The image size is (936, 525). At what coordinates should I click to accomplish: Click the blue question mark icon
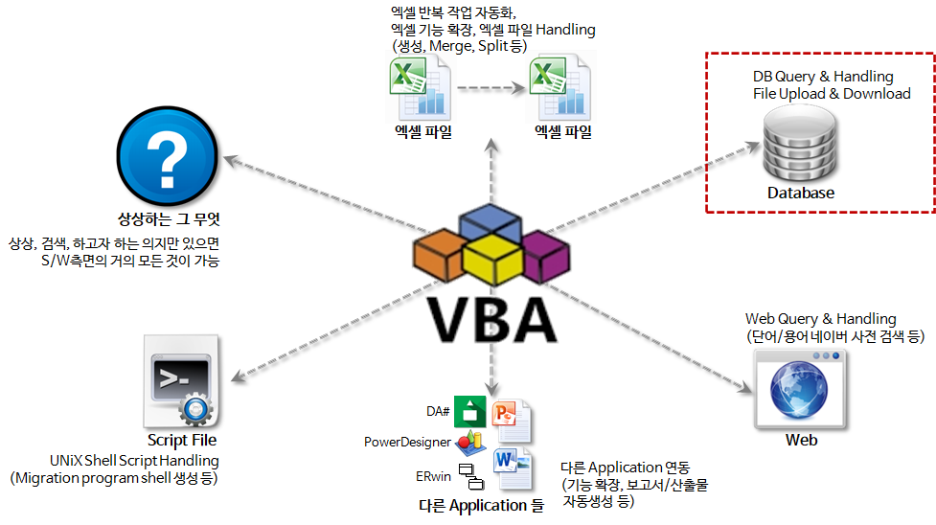tap(167, 155)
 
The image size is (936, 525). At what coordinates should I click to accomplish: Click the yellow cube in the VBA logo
tap(491, 259)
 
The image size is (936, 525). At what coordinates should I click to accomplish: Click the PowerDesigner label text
tap(407, 442)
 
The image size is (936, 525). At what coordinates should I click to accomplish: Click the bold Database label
tap(800, 194)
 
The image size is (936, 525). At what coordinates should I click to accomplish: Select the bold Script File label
tap(182, 441)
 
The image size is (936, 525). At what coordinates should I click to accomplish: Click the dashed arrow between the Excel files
tap(491, 89)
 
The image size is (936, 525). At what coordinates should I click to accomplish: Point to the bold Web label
tap(801, 441)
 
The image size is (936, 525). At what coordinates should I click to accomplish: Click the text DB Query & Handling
tap(823, 76)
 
